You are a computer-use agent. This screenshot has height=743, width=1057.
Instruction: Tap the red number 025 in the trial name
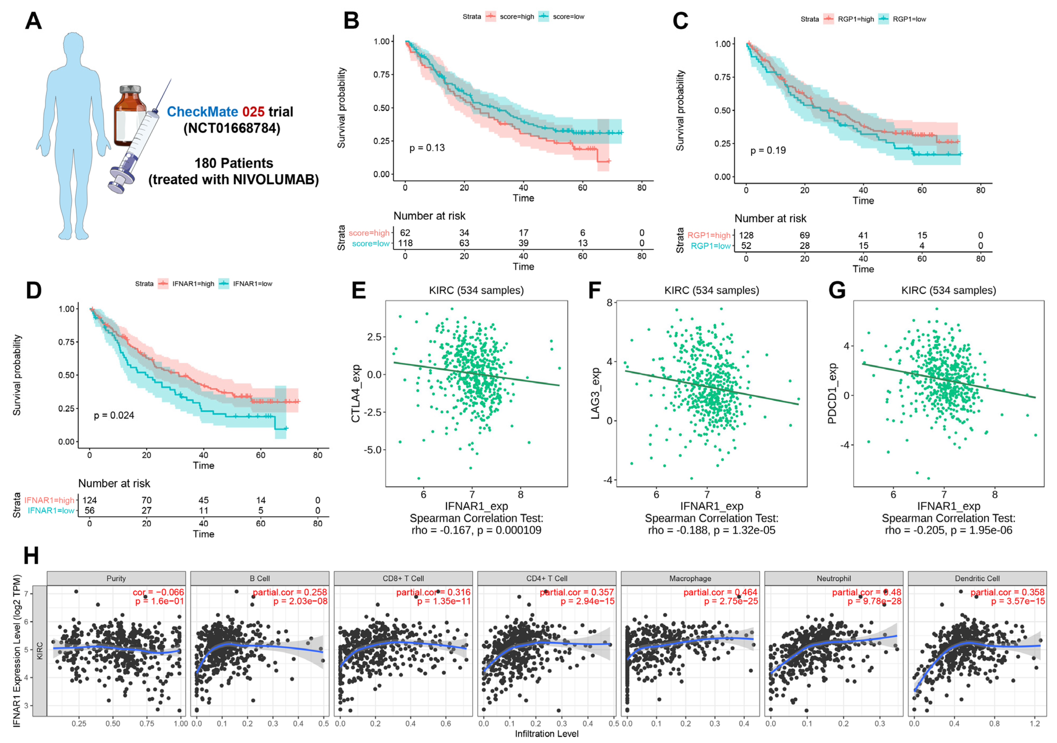[253, 112]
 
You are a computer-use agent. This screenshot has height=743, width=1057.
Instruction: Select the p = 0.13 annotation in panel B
[427, 148]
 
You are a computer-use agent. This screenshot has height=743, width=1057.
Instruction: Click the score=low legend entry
[568, 17]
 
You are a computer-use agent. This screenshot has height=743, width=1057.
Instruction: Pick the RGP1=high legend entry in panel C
[855, 19]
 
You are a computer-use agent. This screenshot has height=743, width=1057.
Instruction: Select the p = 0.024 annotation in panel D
[114, 415]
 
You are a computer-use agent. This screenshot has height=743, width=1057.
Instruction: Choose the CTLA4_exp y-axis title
[356, 394]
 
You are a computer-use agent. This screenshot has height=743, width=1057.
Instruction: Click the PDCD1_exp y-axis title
[832, 394]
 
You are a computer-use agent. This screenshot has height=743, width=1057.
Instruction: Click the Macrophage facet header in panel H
[690, 578]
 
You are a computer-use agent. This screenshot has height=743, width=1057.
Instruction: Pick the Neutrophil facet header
[834, 578]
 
